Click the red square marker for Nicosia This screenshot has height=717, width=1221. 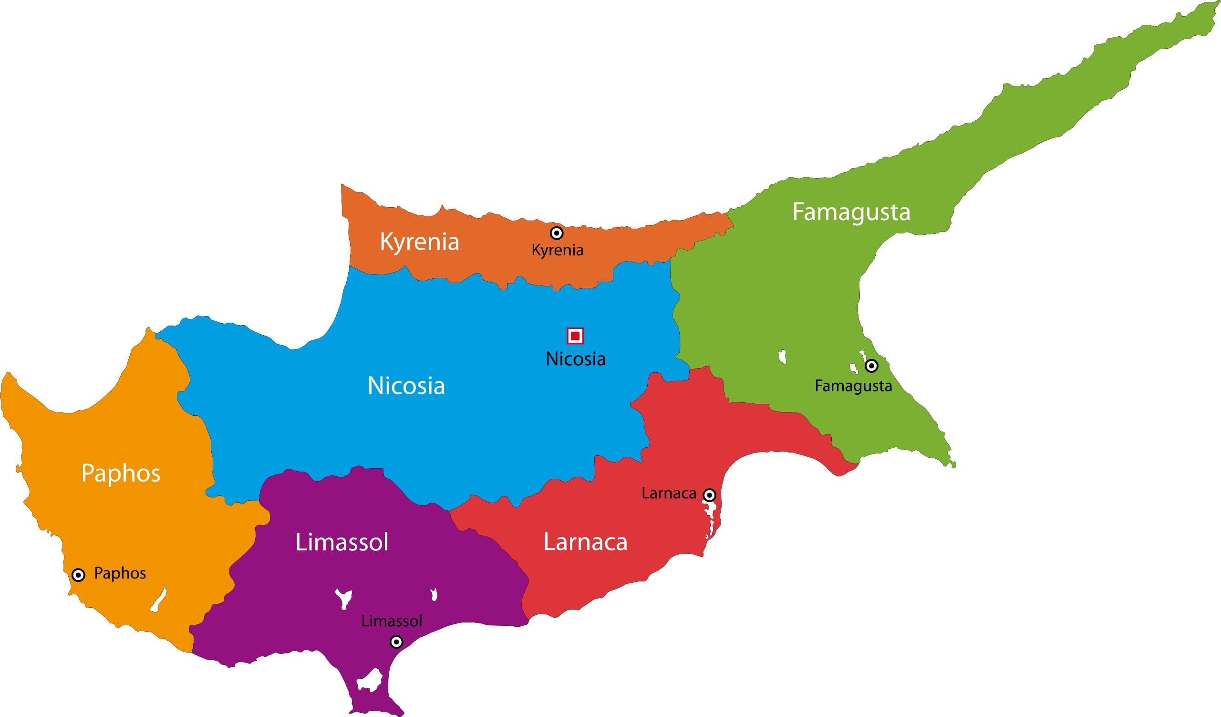575,336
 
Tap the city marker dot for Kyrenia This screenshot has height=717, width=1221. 557,233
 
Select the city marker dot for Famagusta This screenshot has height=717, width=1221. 871,366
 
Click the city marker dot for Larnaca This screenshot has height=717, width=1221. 709,495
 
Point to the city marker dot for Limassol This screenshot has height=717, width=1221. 396,642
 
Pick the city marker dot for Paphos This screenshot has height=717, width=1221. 78,575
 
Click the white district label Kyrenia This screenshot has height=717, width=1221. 419,242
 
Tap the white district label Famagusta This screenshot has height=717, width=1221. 851,212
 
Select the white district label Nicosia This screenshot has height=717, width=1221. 406,386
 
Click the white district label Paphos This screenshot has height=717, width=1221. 121,473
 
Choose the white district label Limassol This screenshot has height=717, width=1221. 342,542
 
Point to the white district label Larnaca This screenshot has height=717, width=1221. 585,542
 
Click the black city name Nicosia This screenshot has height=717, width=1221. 576,359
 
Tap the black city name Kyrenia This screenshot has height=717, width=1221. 557,251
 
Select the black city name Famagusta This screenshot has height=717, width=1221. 853,386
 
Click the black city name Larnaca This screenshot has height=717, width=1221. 669,494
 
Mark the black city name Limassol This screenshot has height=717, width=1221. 392,621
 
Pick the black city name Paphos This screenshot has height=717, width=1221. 120,573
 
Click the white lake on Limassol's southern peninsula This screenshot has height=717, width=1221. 370,679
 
